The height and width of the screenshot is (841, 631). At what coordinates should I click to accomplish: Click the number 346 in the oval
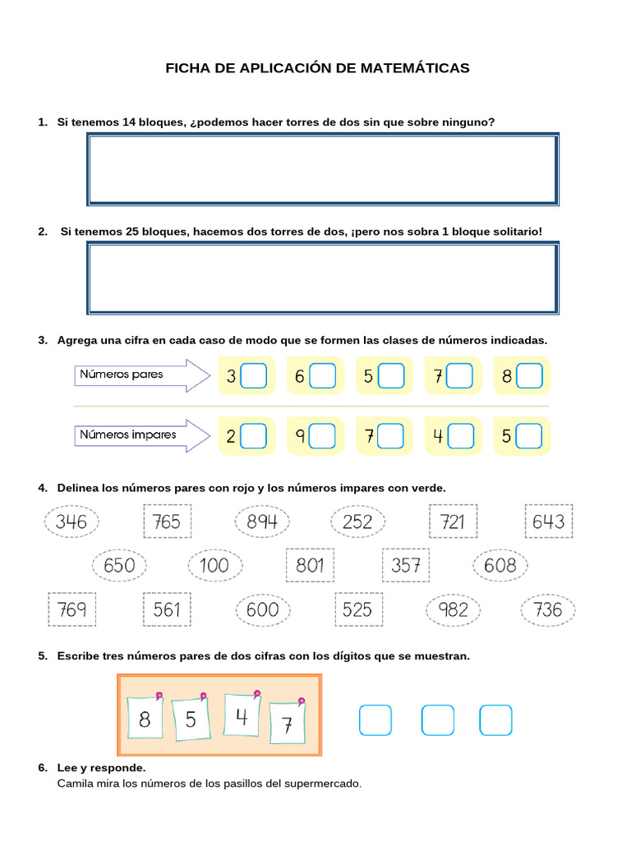coord(71,522)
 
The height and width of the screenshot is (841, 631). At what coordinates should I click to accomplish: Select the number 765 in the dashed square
coord(167,522)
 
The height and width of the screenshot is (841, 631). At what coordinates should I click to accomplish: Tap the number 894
coord(262,522)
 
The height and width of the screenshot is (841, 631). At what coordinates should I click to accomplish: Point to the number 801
coord(310,565)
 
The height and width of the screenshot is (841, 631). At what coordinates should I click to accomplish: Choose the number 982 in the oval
coord(453,609)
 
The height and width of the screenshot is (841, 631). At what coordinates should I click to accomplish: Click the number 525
coord(357,609)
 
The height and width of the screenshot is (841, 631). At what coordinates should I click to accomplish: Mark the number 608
coord(500,565)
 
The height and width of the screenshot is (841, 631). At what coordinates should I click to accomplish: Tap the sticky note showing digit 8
coord(146,719)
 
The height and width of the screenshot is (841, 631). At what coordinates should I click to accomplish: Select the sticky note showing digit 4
coord(242,716)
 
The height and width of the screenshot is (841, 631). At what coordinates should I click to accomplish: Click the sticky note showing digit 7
coord(288,724)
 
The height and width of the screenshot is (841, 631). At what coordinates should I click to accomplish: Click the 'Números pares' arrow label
coord(131,375)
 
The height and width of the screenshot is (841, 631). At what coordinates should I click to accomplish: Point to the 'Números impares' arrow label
coord(131,434)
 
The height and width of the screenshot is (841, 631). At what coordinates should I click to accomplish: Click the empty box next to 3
coord(255,376)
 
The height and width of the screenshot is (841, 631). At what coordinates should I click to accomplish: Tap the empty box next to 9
coord(323,436)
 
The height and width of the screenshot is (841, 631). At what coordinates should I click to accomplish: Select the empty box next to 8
coord(530,376)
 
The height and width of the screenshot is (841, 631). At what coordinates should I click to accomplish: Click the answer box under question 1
coord(322,169)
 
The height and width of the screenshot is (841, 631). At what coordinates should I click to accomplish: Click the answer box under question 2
coord(322,278)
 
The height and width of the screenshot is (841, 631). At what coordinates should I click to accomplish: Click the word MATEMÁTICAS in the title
coord(415,68)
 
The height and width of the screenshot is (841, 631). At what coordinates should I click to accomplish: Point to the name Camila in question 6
coord(76,784)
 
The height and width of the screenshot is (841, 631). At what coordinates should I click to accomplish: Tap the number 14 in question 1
coord(129,122)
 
